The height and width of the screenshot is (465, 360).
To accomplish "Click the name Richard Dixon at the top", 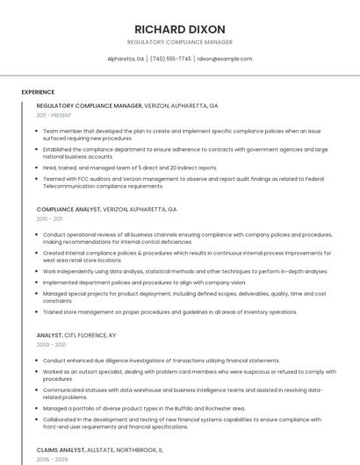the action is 180,29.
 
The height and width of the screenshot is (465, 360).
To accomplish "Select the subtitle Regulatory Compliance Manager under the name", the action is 180,42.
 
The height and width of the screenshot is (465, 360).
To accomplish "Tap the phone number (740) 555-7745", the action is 170,59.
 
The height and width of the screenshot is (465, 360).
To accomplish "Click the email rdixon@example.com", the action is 224,59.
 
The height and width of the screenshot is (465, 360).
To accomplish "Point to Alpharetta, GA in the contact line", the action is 126,59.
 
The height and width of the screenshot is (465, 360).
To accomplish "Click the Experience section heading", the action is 38,91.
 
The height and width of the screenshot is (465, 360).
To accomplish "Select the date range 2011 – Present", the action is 54,115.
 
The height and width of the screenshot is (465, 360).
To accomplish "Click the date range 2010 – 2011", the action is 49,219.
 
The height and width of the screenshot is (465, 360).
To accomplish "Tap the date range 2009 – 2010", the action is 51,345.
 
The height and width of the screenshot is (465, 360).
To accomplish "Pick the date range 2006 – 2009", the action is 51,459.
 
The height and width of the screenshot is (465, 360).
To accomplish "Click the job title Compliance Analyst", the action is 68,210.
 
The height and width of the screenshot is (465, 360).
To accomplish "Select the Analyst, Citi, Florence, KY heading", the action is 76,335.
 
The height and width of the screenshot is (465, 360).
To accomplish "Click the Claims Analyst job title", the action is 61,449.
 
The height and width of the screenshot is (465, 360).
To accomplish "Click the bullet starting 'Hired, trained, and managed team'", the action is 130,168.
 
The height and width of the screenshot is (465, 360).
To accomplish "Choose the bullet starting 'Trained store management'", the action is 169,311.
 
